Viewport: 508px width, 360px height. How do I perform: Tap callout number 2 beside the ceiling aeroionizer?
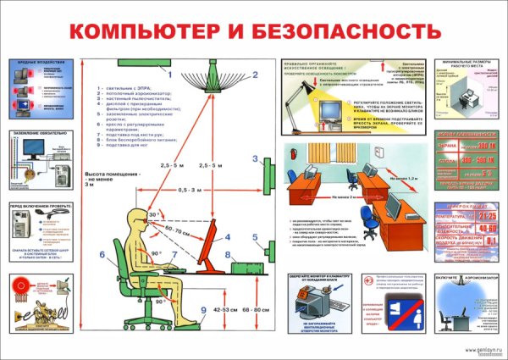(x=253, y=75)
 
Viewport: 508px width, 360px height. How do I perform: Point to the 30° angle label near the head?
(x=152, y=215)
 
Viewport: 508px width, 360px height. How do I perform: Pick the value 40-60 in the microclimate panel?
(x=487, y=228)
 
